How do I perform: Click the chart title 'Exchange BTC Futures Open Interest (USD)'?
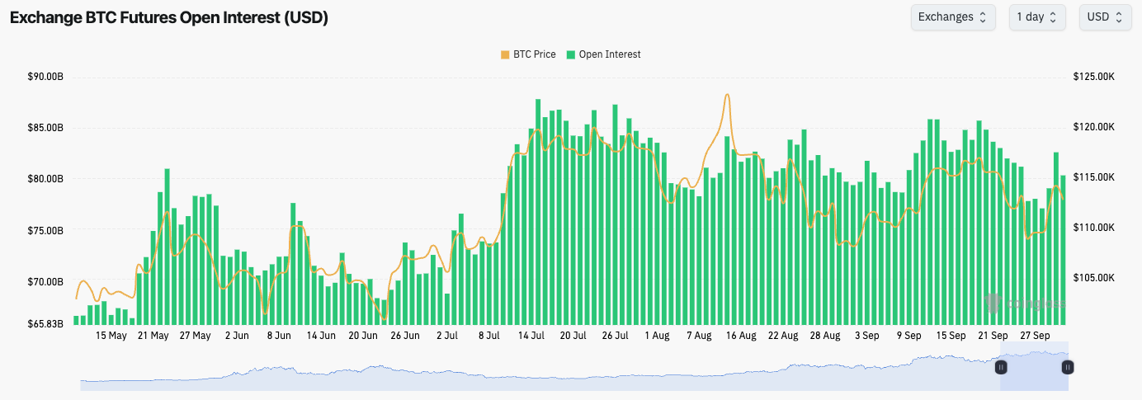tap(169, 17)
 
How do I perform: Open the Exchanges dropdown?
tap(952, 17)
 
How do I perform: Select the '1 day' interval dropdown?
tap(1036, 17)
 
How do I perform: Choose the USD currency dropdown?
tap(1104, 17)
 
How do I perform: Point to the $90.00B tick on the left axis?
tap(45, 77)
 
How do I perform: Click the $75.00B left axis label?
tap(45, 231)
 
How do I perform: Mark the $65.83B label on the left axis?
tap(45, 324)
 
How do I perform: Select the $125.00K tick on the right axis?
tap(1094, 77)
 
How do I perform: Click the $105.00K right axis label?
tap(1094, 278)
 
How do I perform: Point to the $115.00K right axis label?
tap(1094, 177)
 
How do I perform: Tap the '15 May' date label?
tap(111, 336)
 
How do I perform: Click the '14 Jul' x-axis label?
tap(531, 336)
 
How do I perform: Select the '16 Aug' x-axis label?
tap(741, 336)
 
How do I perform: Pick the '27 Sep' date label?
tap(1035, 336)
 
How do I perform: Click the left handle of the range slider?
tap(1001, 367)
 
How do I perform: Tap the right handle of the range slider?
tap(1068, 367)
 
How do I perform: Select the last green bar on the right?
tap(1063, 247)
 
